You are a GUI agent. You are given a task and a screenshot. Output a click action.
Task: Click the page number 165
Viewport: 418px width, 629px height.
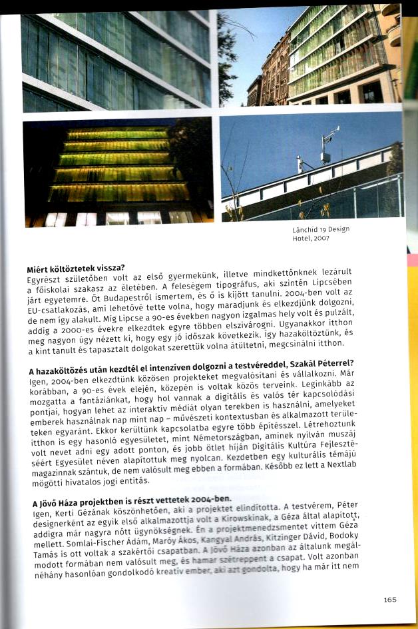tap(390, 600)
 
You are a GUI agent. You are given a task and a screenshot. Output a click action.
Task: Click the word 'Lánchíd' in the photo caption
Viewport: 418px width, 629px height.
tap(305, 230)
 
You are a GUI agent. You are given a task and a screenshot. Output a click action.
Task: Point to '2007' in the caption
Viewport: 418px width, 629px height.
tap(321, 239)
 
